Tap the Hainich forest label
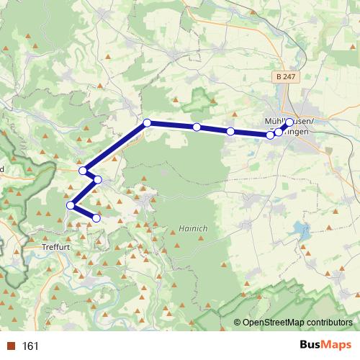190,228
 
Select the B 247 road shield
287,76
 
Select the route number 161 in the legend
30,346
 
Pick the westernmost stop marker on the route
71,206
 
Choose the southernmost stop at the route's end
96,217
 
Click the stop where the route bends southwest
147,123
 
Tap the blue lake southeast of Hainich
299,230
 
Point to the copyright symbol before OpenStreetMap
238,323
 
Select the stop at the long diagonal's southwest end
84,171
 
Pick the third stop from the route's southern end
98,179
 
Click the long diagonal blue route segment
115,147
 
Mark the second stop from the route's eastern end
279,132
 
